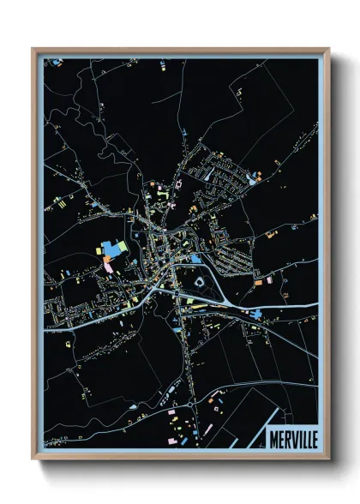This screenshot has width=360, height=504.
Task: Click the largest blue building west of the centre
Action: tap(111, 249)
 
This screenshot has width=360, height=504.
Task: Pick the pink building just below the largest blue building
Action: tap(108, 263)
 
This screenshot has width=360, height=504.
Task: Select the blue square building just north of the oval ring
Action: tap(196, 258)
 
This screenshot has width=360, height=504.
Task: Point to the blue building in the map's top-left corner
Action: tap(57, 62)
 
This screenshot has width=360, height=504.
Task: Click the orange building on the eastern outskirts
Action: tap(257, 281)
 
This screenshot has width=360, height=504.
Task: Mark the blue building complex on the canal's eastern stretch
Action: tap(256, 314)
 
